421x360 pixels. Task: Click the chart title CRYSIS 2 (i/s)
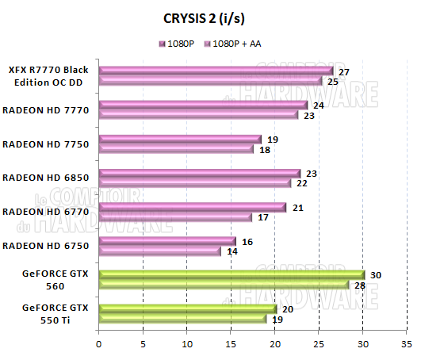pos(210,17)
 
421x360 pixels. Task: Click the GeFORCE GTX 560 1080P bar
pos(231,275)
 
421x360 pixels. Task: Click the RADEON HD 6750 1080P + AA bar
pos(159,251)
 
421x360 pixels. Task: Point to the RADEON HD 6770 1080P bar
pos(191,208)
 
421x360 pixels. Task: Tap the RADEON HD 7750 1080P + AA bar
pos(176,149)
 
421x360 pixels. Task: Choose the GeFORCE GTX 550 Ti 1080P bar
pos(186,309)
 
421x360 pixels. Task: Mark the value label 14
pos(232,251)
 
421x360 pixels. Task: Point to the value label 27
pos(344,71)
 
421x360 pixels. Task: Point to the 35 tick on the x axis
pos(407,344)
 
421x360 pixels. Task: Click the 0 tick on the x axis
pos(98,344)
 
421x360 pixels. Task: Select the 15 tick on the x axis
pos(231,344)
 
